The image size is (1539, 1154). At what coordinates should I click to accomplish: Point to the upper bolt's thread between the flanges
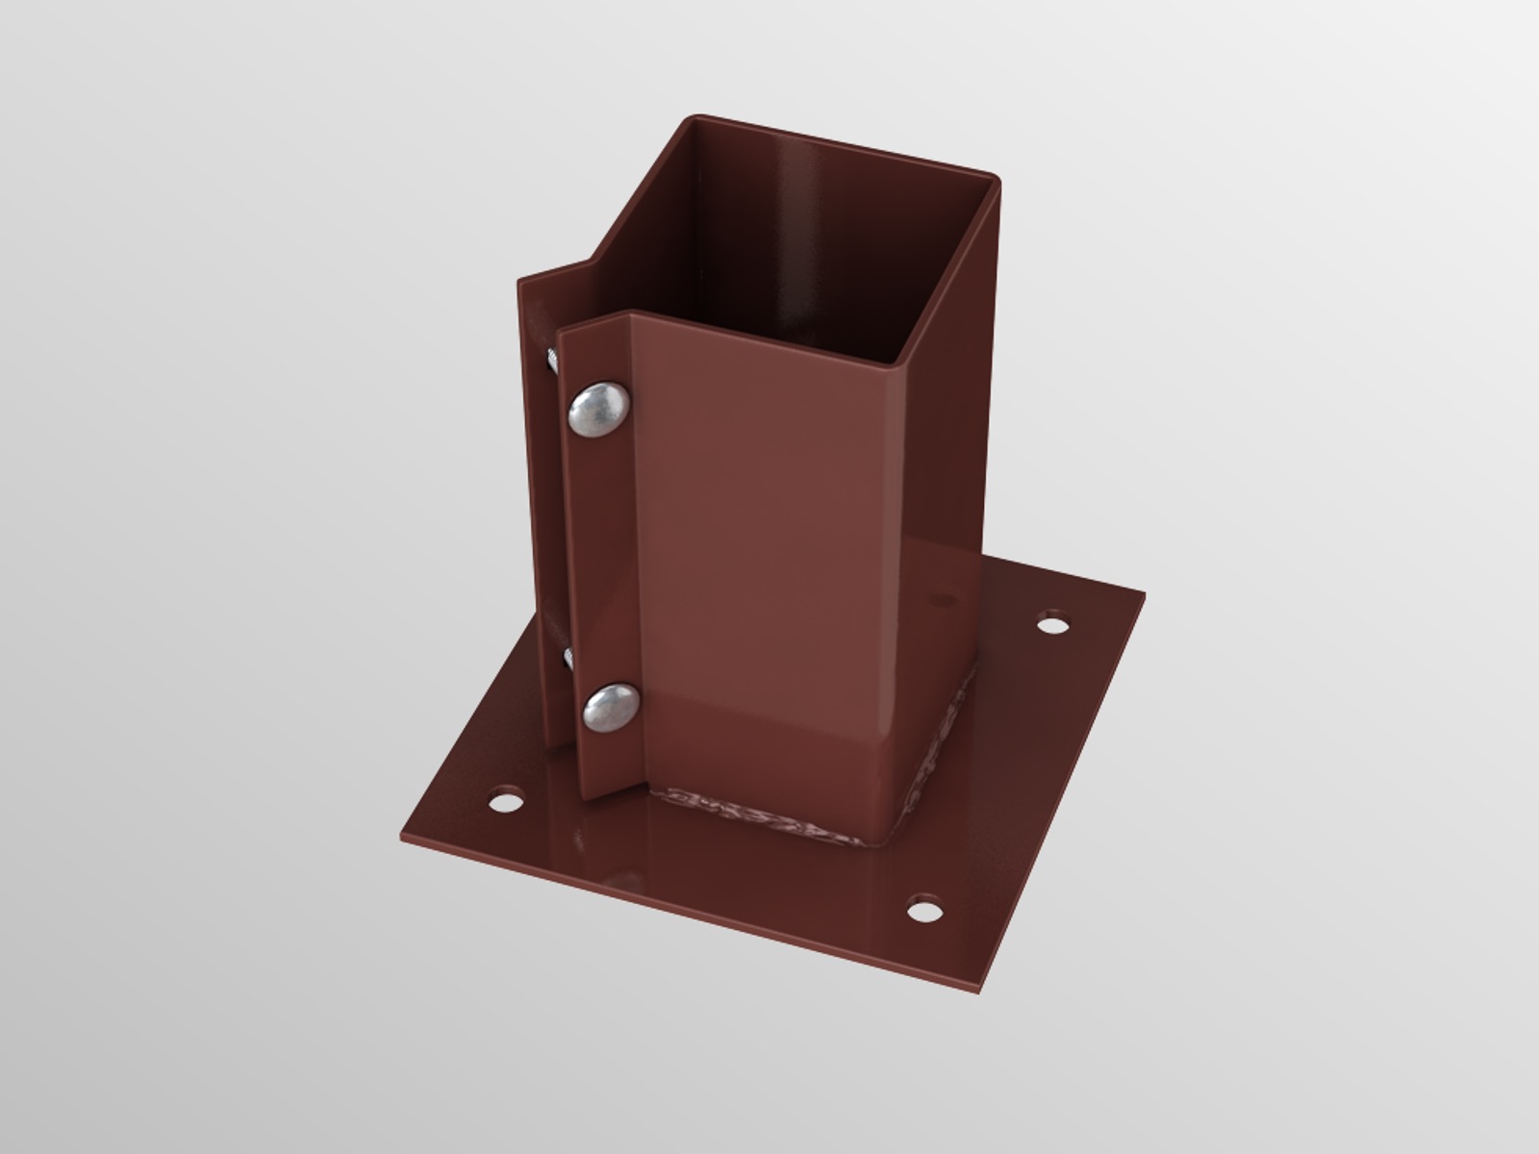[x=556, y=361]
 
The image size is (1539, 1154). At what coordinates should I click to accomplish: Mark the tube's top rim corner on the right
[x=995, y=177]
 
